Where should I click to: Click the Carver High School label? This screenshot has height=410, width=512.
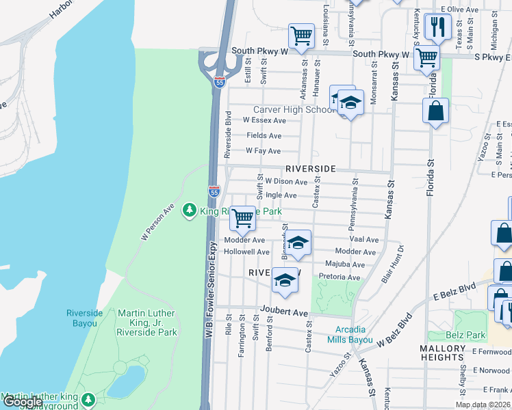(x=294, y=109)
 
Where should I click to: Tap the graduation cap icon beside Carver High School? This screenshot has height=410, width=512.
(x=350, y=103)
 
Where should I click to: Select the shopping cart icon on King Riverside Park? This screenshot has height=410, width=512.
(x=242, y=218)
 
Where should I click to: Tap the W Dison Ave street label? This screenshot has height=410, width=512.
(x=286, y=182)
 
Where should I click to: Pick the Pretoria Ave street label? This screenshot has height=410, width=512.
(x=340, y=277)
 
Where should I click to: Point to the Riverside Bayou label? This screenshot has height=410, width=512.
(x=85, y=318)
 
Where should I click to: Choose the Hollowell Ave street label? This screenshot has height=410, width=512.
(x=248, y=252)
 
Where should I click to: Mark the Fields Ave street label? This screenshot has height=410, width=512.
(x=264, y=136)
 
